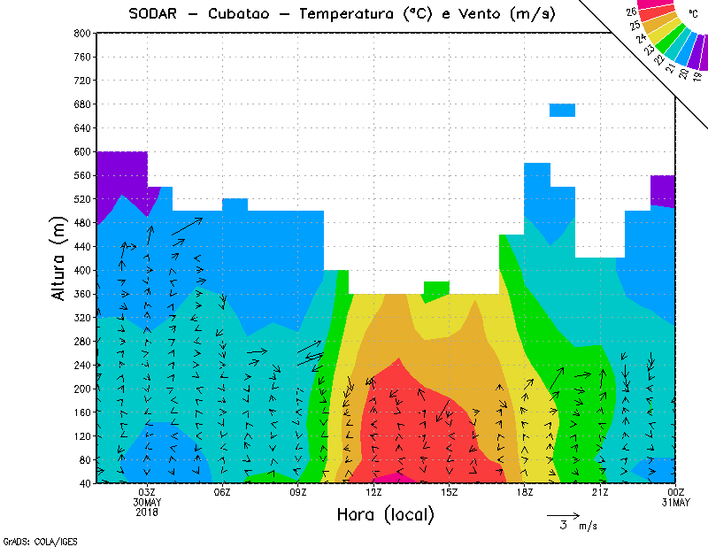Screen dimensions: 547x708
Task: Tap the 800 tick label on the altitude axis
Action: pos(81,33)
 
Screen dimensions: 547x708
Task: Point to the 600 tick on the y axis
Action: pos(81,152)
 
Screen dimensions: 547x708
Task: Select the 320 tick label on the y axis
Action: pos(81,318)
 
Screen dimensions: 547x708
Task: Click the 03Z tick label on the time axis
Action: pos(147,492)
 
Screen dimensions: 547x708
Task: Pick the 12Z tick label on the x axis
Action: pos(373,492)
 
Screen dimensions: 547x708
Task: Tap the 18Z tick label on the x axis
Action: pos(525,492)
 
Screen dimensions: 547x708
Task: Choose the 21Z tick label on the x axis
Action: pos(600,492)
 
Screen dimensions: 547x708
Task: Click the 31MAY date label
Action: pos(676,503)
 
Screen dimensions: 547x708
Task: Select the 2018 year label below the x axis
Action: pos(147,512)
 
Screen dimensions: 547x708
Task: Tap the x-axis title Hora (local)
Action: pos(384,514)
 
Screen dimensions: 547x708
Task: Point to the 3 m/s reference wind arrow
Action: pos(563,514)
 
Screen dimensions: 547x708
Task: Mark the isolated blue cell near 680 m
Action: pos(563,110)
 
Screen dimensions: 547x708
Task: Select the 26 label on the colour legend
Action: pos(632,12)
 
